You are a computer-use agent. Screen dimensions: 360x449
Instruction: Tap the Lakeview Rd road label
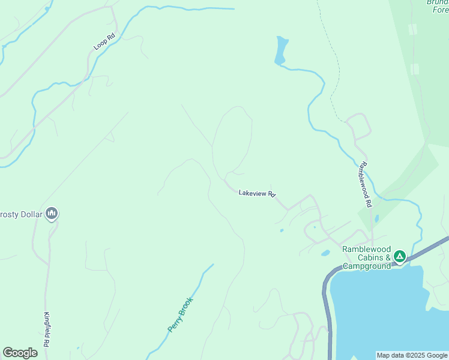point(256,193)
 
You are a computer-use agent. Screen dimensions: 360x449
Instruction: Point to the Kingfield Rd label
point(47,328)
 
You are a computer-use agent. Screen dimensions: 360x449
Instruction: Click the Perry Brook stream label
point(180,315)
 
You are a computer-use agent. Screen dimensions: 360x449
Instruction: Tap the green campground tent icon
point(399,257)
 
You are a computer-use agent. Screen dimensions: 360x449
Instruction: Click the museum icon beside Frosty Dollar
point(52,213)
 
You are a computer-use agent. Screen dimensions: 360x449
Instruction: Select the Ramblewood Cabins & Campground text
point(366,257)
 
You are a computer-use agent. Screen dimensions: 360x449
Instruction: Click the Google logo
point(20,353)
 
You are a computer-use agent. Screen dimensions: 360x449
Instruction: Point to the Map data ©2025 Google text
point(412,355)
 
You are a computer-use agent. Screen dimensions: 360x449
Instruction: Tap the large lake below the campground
point(390,312)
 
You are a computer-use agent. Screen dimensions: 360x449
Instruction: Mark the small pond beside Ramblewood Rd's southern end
point(376,219)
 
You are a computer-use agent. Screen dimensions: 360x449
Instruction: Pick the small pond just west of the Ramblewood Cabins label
point(325,253)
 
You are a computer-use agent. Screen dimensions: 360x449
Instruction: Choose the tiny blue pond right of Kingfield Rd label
point(78,348)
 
